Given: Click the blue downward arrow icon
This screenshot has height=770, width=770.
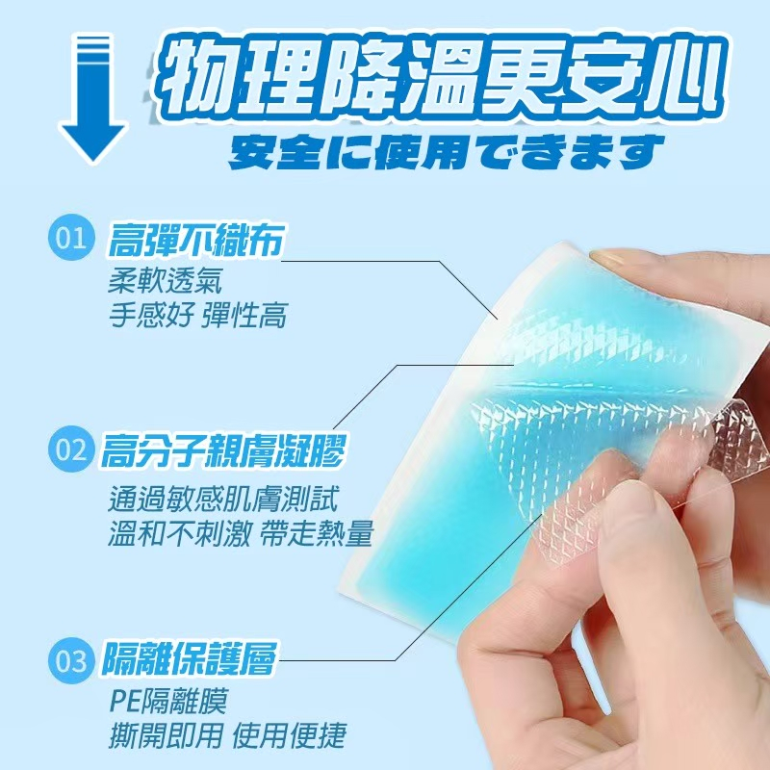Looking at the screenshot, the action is pyautogui.click(x=92, y=98).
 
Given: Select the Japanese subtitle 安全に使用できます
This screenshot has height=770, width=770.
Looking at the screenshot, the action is pyautogui.click(x=446, y=152).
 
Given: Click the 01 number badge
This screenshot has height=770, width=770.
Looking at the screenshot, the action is pyautogui.click(x=71, y=237).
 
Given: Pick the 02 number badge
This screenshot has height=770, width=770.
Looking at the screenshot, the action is pyautogui.click(x=71, y=449).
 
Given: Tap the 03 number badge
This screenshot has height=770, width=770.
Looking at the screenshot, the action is pyautogui.click(x=71, y=660).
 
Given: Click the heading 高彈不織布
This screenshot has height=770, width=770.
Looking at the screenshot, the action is pyautogui.click(x=195, y=240).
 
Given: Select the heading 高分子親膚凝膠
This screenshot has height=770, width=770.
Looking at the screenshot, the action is pyautogui.click(x=222, y=450).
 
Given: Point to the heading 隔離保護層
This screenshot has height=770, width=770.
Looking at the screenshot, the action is pyautogui.click(x=189, y=658).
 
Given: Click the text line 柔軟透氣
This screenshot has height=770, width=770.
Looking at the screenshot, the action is pyautogui.click(x=165, y=280).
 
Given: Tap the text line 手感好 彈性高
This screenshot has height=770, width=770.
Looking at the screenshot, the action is pyautogui.click(x=197, y=315).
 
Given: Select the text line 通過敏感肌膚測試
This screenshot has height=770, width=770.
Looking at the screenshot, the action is pyautogui.click(x=223, y=500).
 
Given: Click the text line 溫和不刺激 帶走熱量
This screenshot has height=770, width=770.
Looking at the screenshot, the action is pyautogui.click(x=241, y=534).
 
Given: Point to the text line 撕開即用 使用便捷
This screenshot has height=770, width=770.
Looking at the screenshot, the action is pyautogui.click(x=227, y=735).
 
